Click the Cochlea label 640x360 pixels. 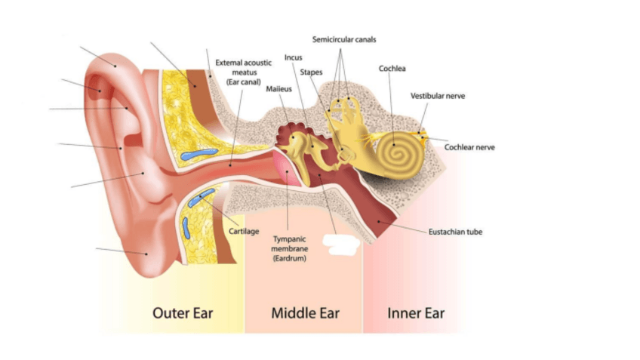[x=392, y=69]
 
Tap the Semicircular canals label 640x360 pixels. [x=343, y=39]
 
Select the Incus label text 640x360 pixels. [x=294, y=57]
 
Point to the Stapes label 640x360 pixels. [x=311, y=72]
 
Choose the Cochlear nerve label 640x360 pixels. [x=469, y=147]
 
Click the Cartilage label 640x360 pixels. [x=244, y=230]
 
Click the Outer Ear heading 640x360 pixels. [x=183, y=312]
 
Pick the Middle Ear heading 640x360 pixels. [x=305, y=312]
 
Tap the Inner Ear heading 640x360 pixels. [x=416, y=312]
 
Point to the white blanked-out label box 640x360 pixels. [x=343, y=242]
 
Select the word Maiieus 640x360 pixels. [x=278, y=89]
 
